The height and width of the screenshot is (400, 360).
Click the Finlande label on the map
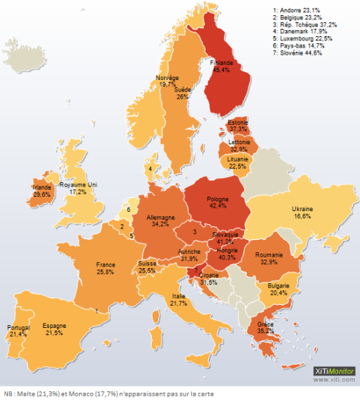click(221, 66)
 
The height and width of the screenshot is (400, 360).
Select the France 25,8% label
click(105, 269)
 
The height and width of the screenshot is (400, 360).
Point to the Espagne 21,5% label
click(53, 329)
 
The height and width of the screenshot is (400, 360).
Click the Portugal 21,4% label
click(18, 332)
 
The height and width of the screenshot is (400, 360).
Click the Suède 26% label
click(182, 92)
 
